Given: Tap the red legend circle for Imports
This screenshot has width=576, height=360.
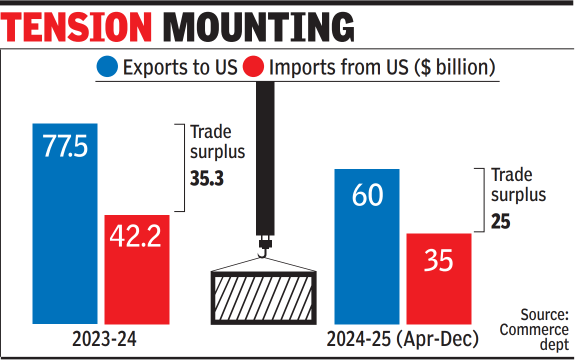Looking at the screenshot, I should [x=252, y=67].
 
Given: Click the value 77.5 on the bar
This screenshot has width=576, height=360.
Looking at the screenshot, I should [x=65, y=147].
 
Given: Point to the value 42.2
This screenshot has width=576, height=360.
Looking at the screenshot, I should [x=136, y=236].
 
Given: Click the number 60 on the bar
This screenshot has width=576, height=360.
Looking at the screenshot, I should [x=367, y=194].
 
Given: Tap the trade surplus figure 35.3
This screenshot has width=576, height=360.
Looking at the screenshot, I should [x=206, y=179].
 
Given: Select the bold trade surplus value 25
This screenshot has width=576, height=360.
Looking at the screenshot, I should [x=500, y=221].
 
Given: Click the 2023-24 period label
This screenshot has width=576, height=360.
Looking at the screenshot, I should [x=104, y=340].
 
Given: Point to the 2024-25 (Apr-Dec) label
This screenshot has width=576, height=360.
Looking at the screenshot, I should [x=402, y=340].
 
